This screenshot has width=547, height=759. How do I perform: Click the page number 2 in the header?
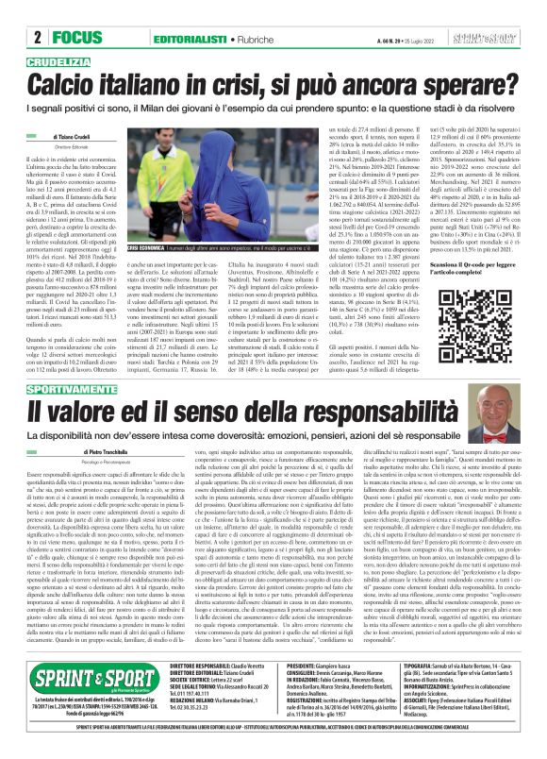(x=11, y=12)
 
